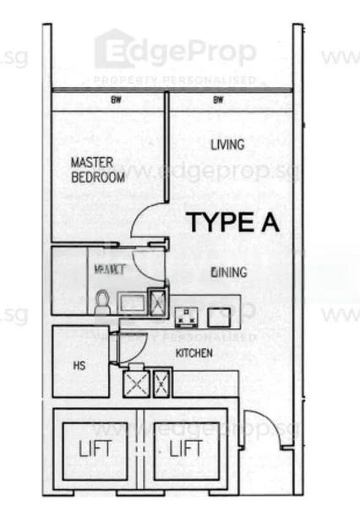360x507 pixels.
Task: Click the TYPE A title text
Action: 232,222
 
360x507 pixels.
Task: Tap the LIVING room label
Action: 227,144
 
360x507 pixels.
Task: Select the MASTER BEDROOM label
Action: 97,169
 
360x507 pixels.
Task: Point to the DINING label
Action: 229,272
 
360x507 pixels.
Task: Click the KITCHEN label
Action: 194,352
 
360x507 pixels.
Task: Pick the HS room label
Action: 78,366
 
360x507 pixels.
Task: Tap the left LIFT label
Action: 95,449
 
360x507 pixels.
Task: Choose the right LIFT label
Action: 185,449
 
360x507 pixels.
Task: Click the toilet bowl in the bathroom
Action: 102,302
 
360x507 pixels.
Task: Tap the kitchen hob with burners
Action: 186,318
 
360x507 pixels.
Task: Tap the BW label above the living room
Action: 218,100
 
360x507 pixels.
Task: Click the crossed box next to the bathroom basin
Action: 157,302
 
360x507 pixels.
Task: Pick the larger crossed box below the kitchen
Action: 136,384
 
